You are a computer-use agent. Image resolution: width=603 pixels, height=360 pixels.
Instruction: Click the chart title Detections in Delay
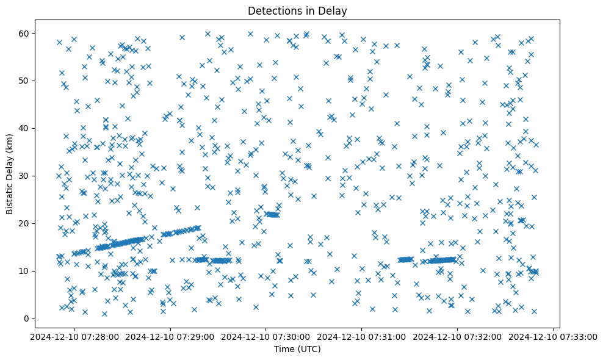tap(301, 11)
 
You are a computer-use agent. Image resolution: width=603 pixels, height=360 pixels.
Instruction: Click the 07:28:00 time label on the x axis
tap(74, 336)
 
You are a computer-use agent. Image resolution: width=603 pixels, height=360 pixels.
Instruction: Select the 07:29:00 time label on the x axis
tap(170, 336)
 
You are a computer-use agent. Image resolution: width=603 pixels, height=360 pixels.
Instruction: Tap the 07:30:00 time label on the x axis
tap(266, 336)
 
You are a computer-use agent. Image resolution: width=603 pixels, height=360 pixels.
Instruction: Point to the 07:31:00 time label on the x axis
tap(362, 336)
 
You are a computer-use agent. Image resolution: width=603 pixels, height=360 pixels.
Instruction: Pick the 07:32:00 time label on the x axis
tap(458, 336)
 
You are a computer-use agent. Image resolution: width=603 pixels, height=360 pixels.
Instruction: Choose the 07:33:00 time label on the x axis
tap(554, 336)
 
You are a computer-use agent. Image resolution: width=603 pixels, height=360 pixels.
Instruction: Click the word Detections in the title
tap(272, 11)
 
